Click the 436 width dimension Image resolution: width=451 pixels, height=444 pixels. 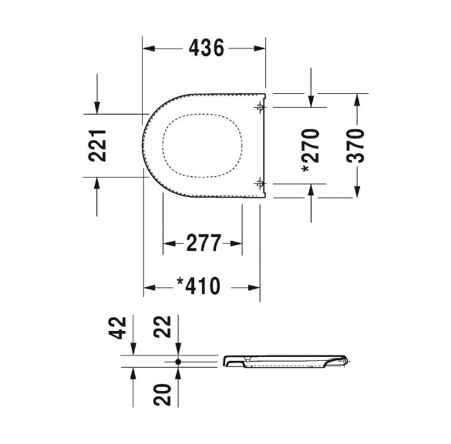click(206, 48)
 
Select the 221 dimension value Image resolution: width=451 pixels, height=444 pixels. click(98, 146)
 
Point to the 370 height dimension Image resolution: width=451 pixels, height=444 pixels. click(356, 146)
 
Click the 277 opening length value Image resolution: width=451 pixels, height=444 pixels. click(203, 244)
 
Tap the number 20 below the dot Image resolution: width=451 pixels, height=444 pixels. click(162, 394)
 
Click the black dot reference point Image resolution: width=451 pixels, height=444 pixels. click(178, 361)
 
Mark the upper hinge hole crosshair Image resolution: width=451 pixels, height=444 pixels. click(260, 107)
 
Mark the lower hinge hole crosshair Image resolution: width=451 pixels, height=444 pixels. click(260, 184)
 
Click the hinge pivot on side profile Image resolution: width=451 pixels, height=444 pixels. click(345, 361)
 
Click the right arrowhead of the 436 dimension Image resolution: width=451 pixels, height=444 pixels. click(260, 48)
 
